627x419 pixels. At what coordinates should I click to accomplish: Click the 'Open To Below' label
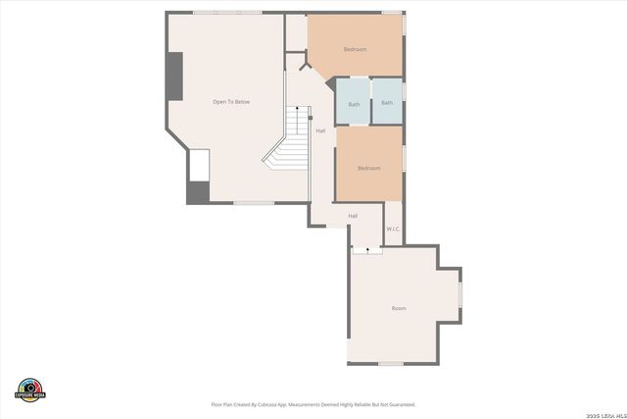[231, 101]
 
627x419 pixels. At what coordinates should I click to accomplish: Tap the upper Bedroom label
[355, 50]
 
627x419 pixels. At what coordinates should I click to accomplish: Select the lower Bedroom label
[368, 168]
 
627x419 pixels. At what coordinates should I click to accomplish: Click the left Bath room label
[354, 103]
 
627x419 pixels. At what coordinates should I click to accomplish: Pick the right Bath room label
[387, 103]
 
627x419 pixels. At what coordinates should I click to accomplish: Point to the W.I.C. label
[393, 229]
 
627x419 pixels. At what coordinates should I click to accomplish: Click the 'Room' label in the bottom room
[399, 308]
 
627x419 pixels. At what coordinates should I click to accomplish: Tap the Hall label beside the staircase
[320, 131]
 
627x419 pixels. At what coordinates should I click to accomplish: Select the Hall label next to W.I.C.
[353, 216]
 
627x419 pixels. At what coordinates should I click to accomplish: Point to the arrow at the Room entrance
[367, 250]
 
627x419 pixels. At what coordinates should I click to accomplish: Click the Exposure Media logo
[30, 389]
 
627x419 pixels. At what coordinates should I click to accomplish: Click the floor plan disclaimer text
[313, 404]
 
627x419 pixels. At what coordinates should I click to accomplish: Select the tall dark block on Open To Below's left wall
[174, 76]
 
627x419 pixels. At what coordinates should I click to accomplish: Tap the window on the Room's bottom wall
[391, 364]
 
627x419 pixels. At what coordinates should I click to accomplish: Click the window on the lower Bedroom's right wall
[403, 160]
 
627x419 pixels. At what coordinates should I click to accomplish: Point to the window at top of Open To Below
[227, 13]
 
